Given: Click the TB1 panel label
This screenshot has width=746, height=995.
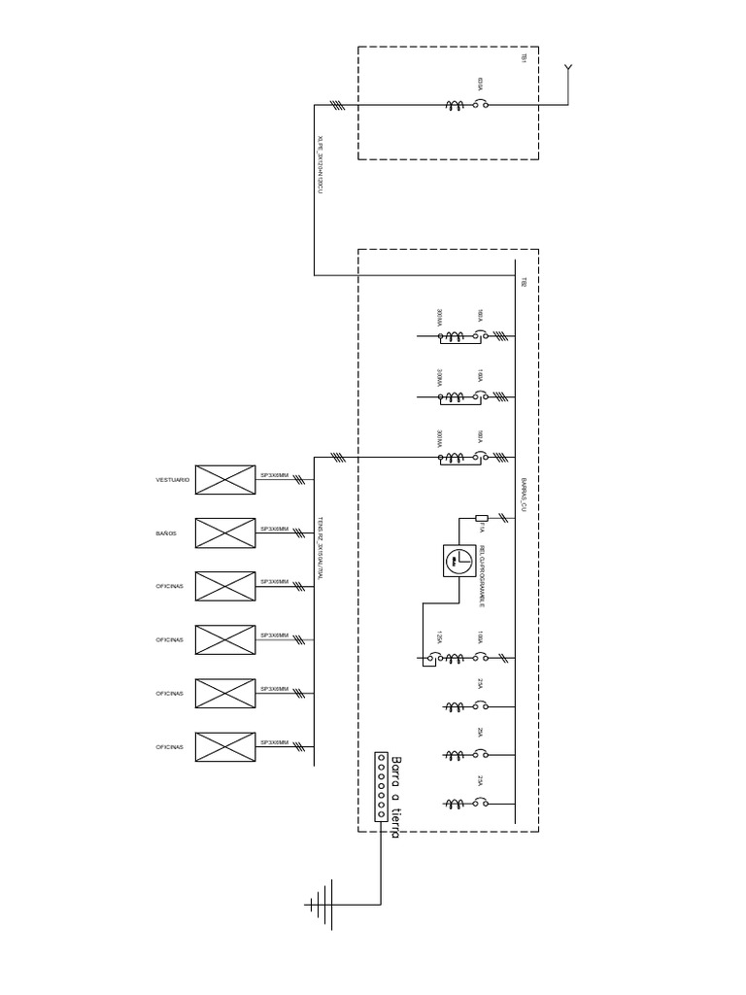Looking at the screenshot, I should point(524,59).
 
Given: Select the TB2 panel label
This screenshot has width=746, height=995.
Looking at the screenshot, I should point(524,283).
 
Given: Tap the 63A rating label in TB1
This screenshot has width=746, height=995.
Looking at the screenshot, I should point(480,84).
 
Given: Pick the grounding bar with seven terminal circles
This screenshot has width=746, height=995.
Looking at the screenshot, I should point(381,787).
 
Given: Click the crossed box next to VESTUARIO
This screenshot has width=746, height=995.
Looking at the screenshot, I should point(225,480).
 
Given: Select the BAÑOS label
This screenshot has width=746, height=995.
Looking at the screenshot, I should point(166,533).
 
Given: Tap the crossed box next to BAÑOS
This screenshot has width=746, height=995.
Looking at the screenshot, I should point(225,533).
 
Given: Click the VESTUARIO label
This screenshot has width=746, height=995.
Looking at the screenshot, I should point(173,480).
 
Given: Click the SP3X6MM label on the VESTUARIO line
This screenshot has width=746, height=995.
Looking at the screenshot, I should point(274,474).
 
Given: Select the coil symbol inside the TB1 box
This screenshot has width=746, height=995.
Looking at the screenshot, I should point(453,105).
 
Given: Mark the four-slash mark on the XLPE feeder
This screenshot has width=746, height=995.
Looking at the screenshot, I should point(336,105).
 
